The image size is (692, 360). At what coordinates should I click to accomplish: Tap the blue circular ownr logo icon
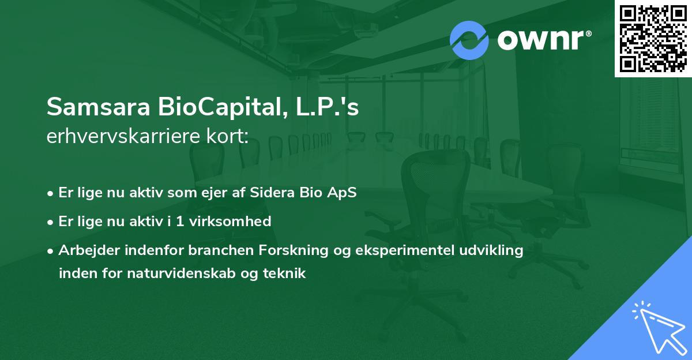pyautogui.click(x=469, y=40)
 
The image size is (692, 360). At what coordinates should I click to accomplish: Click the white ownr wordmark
pyautogui.click(x=544, y=40)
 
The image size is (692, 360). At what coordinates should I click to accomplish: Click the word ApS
pyautogui.click(x=342, y=193)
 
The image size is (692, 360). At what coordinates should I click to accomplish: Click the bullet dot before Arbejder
pyautogui.click(x=51, y=251)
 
